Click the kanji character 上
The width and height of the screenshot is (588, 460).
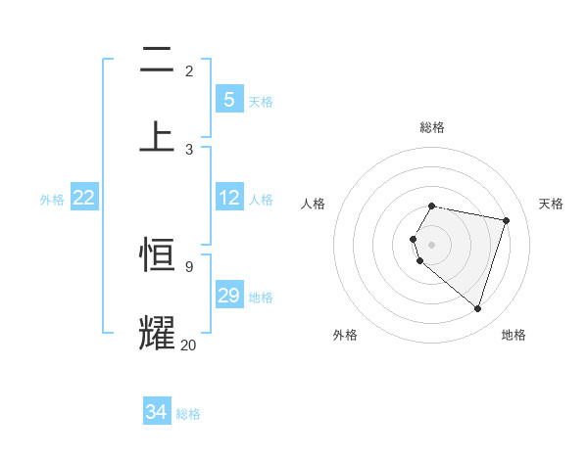tap(157, 136)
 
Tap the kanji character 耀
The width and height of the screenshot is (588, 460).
tap(157, 332)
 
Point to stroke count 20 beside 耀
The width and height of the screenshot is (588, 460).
tap(189, 345)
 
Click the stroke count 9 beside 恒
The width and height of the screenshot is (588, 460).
tap(188, 266)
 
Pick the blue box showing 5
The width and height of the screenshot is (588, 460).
tap(228, 99)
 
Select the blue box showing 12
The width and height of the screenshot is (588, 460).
tap(228, 198)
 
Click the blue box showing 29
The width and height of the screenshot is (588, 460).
tap(228, 296)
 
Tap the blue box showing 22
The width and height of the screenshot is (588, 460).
tap(84, 198)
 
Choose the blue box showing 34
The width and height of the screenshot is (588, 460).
tap(156, 412)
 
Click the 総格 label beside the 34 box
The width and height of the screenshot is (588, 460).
tap(188, 414)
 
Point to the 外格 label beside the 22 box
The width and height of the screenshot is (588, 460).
tap(52, 200)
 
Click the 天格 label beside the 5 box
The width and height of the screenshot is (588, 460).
tap(261, 101)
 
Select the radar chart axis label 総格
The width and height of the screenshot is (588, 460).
tap(432, 127)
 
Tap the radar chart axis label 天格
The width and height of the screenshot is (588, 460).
tap(552, 204)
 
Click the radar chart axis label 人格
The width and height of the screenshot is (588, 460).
tap(314, 204)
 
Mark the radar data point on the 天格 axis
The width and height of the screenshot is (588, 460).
tap(506, 220)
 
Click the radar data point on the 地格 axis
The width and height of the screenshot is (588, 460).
tap(477, 308)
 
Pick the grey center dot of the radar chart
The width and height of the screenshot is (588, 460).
tap(432, 244)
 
